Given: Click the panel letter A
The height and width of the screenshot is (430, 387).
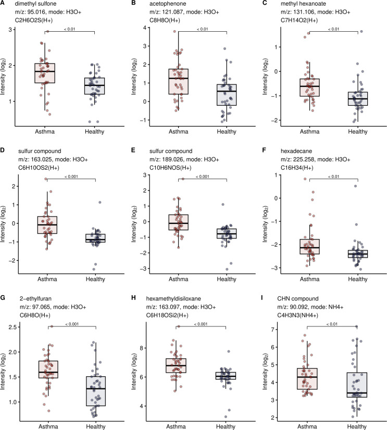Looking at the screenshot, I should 4,3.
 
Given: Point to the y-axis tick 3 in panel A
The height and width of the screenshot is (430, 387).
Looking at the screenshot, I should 10,30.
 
